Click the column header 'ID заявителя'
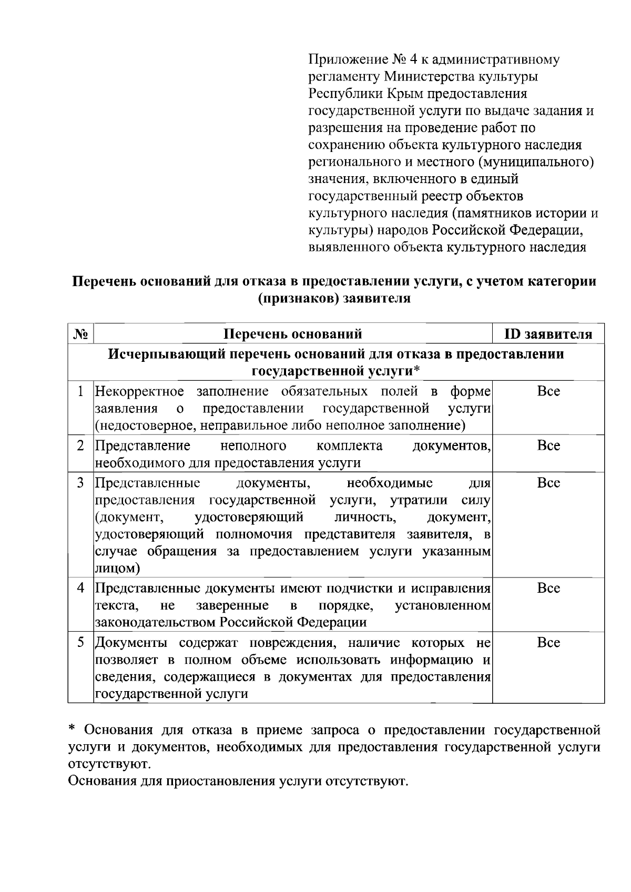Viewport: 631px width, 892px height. pos(548,334)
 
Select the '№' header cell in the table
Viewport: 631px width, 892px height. pos(81,334)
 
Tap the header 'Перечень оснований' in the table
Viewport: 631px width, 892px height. pos(293,334)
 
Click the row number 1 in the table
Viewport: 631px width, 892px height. pos(81,391)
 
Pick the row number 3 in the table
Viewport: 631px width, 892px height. pos(81,483)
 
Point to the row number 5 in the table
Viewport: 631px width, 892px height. pos(81,642)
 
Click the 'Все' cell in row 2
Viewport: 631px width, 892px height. pos(548,445)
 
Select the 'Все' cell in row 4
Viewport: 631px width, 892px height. pos(548,588)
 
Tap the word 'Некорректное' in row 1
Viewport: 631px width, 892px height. pos(139,391)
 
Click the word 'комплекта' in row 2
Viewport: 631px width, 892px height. pos(350,446)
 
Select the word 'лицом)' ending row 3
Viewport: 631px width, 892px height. pos(117,569)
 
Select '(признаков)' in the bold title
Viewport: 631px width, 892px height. pos(298,299)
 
